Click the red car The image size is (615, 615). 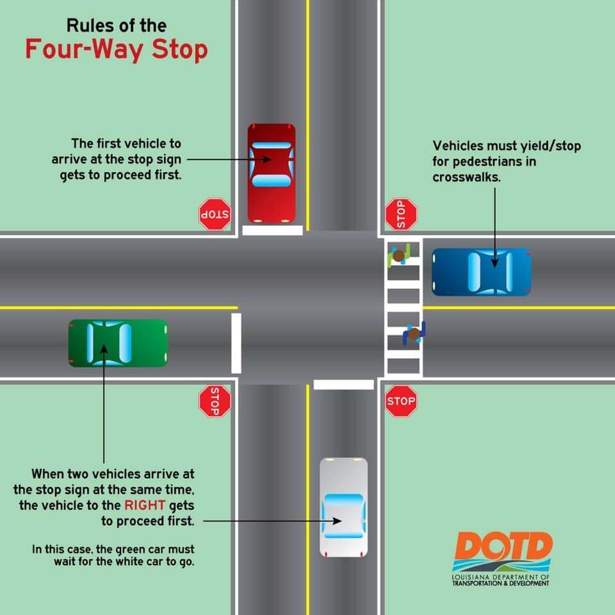click(x=272, y=173)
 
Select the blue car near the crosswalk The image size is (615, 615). click(x=482, y=272)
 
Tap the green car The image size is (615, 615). click(x=118, y=343)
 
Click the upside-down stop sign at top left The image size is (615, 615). click(x=215, y=214)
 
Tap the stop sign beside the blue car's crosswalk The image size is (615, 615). click(x=401, y=214)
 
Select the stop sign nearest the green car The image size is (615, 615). click(x=215, y=401)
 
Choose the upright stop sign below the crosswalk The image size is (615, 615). click(x=401, y=402)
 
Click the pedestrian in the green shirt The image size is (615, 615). click(x=398, y=256)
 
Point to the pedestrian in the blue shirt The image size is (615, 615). click(x=414, y=333)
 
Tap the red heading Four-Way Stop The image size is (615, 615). click(x=117, y=49)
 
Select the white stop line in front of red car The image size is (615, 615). click(x=272, y=230)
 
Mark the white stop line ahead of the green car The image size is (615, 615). click(x=236, y=343)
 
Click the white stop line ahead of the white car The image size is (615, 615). click(x=343, y=384)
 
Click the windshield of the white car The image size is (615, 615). click(x=344, y=500)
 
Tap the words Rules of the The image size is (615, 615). click(x=117, y=26)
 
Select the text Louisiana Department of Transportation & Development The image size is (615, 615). click(x=502, y=580)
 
